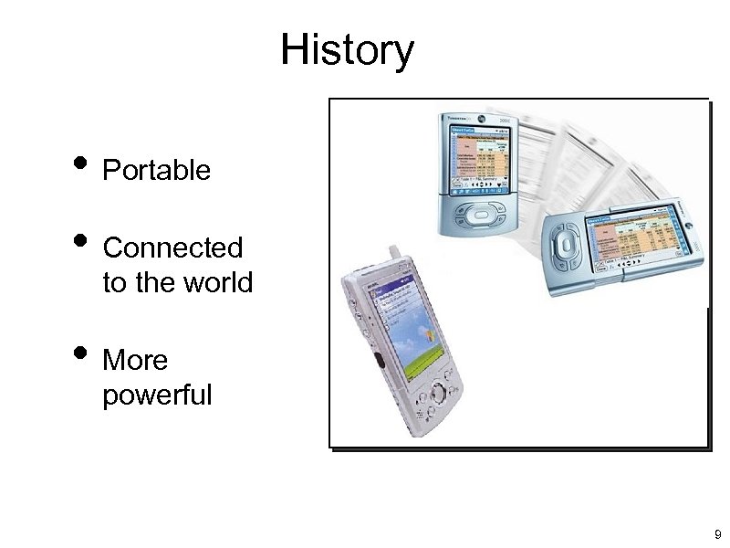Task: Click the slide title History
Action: point(347,51)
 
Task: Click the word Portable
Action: point(157,170)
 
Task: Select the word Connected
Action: point(172,248)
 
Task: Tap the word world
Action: point(217,283)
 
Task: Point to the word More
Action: point(136,361)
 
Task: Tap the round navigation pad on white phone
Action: point(440,395)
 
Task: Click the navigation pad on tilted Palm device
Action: point(567,246)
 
